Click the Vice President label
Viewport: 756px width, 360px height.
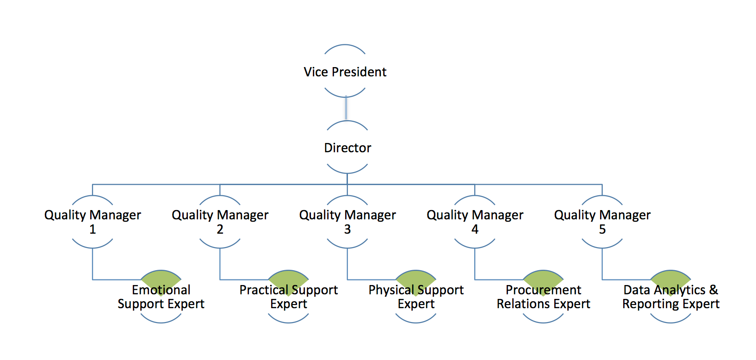coord(345,72)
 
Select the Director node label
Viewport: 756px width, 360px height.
coord(347,148)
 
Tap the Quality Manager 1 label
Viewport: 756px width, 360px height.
coord(93,222)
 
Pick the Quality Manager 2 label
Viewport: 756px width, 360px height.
coord(220,222)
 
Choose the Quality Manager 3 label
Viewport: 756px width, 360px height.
coord(347,222)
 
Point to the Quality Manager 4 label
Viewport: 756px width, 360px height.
coord(475,222)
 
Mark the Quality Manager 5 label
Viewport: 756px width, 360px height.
coord(602,222)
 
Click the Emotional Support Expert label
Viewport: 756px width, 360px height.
coord(161,297)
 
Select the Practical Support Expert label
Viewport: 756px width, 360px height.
coord(288,297)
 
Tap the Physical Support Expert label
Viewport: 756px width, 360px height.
coord(416,297)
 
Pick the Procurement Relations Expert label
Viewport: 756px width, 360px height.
coord(543,297)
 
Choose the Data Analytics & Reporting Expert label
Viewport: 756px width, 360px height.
coord(670,297)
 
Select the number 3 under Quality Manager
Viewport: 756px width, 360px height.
coord(347,230)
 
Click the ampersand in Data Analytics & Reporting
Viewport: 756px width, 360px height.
coord(713,290)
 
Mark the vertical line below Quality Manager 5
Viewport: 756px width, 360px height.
coord(602,264)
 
